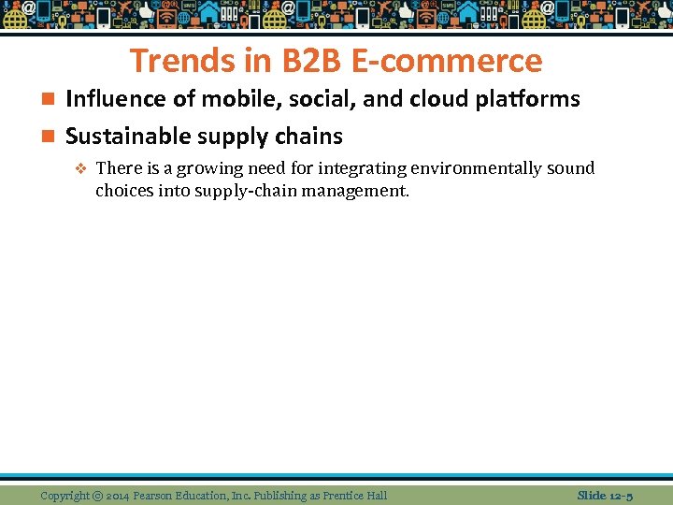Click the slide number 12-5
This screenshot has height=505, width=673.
pos(619,496)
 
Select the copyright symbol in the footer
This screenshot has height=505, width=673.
pos(97,496)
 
